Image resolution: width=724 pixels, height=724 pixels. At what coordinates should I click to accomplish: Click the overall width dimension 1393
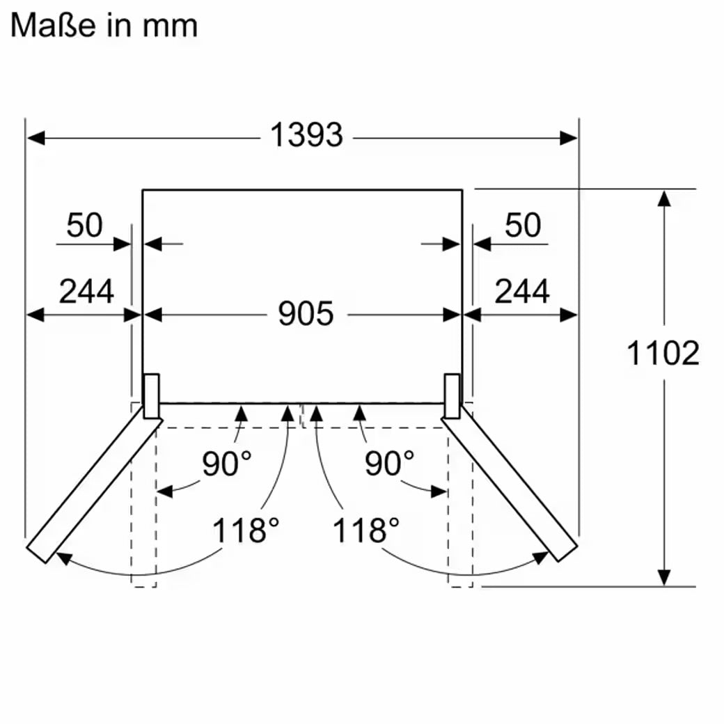[306, 135]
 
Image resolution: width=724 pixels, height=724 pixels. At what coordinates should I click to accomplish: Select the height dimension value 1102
[663, 354]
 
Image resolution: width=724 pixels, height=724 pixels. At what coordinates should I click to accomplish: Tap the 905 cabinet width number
[306, 314]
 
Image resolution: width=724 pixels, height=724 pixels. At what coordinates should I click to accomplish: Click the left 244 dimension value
[86, 291]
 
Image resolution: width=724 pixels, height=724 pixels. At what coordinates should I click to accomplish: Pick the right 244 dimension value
[522, 291]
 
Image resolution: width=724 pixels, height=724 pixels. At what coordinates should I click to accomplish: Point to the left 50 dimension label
[84, 225]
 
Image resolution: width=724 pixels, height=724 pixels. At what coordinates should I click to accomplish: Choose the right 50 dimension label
[523, 225]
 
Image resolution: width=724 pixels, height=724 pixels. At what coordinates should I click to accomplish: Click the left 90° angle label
[227, 464]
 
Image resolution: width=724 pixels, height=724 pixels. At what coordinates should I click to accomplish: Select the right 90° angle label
[389, 464]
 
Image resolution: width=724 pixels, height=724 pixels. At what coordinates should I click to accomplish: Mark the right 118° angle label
[365, 531]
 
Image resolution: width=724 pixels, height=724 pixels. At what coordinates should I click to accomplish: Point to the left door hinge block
[151, 395]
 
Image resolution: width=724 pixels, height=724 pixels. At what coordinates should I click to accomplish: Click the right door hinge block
[452, 395]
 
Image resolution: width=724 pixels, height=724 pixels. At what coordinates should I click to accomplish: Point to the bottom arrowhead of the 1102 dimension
[664, 577]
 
